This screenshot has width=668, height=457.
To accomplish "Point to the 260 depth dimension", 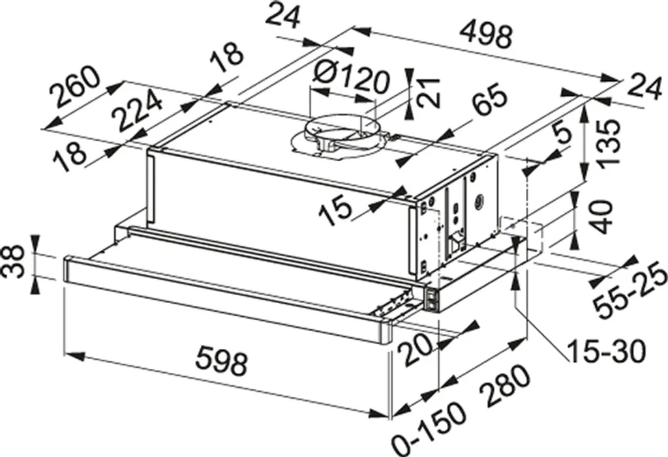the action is click(75, 87).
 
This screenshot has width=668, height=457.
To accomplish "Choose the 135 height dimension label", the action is click(607, 143).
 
